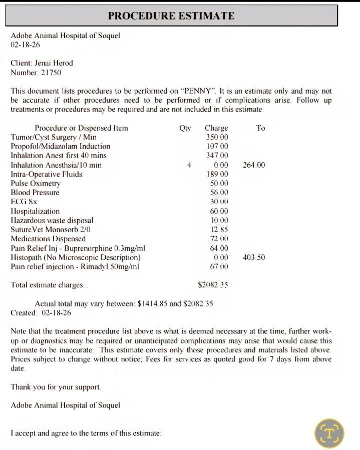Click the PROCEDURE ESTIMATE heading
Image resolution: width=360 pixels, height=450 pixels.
[x=171, y=16]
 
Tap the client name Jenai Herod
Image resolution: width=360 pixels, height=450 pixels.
[x=54, y=63]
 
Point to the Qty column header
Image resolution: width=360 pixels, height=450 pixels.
[x=185, y=128]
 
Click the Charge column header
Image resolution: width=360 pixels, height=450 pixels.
[x=216, y=128]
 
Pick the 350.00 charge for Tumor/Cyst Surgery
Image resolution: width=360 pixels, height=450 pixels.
[x=217, y=137]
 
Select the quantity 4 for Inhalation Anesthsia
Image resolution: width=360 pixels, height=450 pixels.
[x=189, y=165]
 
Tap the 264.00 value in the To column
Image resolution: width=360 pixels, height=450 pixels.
[x=254, y=165]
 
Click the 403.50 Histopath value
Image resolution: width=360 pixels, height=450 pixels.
[x=254, y=257]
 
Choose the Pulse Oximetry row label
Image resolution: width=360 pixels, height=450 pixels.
[x=36, y=184]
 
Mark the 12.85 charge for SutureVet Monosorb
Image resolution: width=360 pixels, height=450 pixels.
[x=219, y=230]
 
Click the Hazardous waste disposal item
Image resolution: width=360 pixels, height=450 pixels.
[x=52, y=220]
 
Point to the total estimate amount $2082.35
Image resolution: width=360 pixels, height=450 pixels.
[x=213, y=285]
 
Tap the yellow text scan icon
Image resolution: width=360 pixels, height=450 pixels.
[x=330, y=432]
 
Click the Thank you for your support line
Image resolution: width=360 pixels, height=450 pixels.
[x=56, y=387]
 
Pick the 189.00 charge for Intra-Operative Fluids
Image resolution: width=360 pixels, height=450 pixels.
[x=217, y=174]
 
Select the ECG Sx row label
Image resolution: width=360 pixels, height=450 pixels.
[x=24, y=202]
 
